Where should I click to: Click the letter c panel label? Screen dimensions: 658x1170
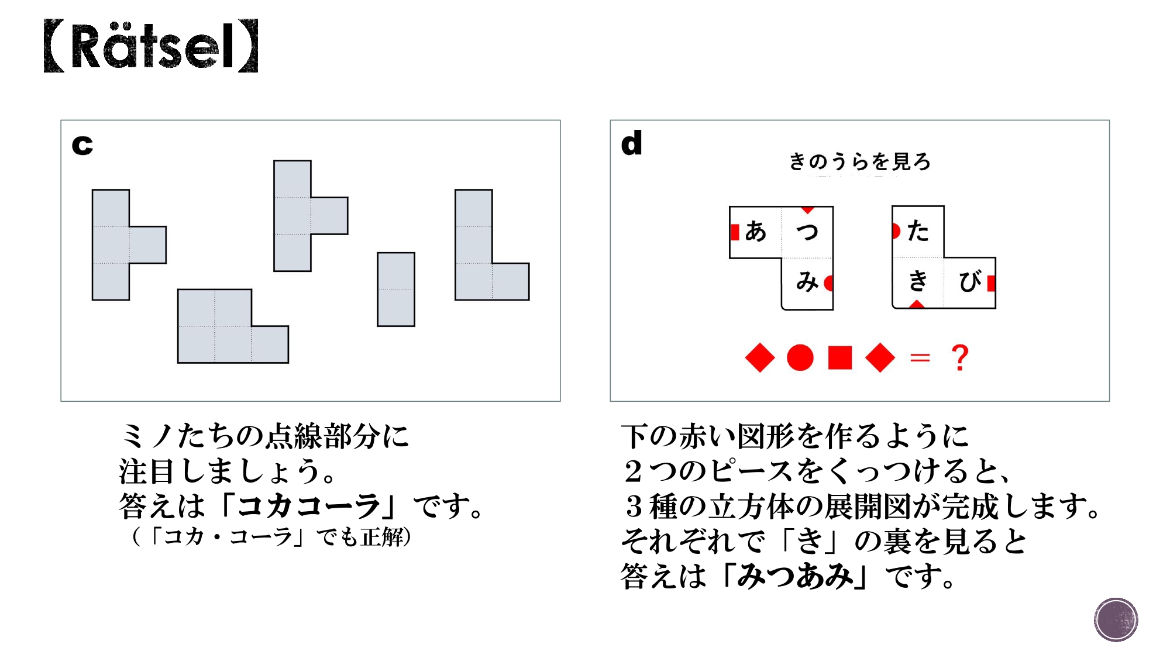coord(82,144)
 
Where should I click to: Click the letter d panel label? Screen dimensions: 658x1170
coord(631,143)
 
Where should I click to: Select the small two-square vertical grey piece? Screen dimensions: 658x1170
coord(396,290)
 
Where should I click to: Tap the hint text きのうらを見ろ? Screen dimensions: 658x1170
coord(859,161)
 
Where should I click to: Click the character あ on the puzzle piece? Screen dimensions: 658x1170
coord(755,232)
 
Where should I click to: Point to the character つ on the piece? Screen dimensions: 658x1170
coord(807,232)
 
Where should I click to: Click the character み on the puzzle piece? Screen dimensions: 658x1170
coord(807,283)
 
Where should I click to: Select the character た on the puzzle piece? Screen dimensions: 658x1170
coord(918,231)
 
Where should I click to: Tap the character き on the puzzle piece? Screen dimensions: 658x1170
coord(918,281)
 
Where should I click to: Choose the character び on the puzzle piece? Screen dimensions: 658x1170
coord(969,282)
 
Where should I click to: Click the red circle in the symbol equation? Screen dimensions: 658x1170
coord(800,358)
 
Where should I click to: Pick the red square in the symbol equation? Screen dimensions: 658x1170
coord(840,358)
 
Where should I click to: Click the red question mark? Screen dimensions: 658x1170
coord(960,358)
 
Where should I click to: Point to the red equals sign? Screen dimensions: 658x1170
coord(920,358)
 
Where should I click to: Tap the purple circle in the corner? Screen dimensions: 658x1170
coord(1116,619)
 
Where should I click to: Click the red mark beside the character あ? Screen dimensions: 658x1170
coord(735,232)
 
